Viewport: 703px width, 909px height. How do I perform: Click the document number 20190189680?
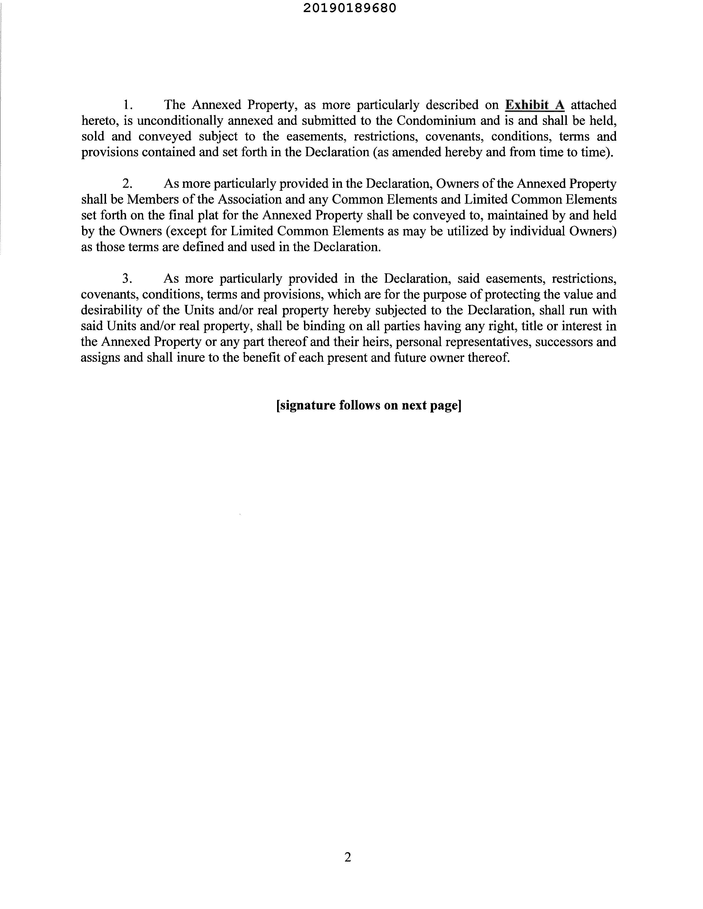[x=350, y=8]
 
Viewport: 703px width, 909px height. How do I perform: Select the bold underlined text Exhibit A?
[x=534, y=105]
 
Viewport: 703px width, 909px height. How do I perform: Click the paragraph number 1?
[x=127, y=105]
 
